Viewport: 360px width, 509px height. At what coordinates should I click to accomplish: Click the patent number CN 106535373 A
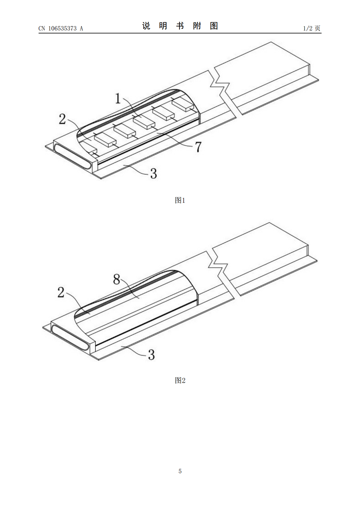pyautogui.click(x=61, y=28)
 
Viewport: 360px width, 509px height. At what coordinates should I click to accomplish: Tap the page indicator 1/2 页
pyautogui.click(x=312, y=28)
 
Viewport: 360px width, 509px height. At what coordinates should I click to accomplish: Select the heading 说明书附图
pyautogui.click(x=180, y=26)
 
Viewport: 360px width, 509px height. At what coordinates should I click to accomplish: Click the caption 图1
pyautogui.click(x=180, y=200)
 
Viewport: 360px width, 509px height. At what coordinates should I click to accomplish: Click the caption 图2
pyautogui.click(x=180, y=380)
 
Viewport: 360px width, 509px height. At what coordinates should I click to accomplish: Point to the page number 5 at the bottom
pyautogui.click(x=180, y=471)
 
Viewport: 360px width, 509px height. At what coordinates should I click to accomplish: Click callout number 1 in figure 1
pyautogui.click(x=118, y=99)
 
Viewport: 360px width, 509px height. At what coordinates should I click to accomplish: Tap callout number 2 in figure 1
pyautogui.click(x=62, y=119)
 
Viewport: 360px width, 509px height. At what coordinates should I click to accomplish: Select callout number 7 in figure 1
pyautogui.click(x=198, y=147)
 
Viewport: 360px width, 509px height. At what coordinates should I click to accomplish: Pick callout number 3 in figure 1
pyautogui.click(x=153, y=173)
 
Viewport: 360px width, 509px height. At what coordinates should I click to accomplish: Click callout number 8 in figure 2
pyautogui.click(x=116, y=279)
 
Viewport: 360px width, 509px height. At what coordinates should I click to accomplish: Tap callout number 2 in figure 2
pyautogui.click(x=61, y=292)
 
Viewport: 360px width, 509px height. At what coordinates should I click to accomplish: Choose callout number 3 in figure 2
pyautogui.click(x=152, y=355)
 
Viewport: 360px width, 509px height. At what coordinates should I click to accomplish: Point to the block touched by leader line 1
pyautogui.click(x=144, y=122)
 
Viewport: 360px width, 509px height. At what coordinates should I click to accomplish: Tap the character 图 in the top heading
pyautogui.click(x=214, y=26)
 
